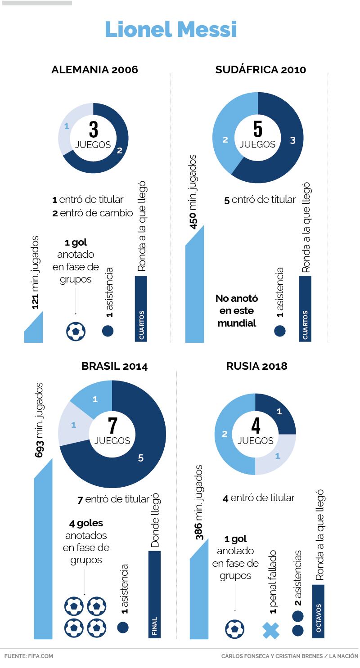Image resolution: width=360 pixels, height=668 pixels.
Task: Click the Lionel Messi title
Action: click(x=171, y=30)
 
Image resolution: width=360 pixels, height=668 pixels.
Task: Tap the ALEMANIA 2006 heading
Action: click(x=94, y=70)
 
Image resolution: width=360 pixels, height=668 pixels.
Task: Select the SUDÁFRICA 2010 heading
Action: click(x=261, y=70)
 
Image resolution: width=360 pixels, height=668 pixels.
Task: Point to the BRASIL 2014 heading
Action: click(x=114, y=366)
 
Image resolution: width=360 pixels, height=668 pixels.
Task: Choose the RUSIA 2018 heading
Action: click(x=256, y=366)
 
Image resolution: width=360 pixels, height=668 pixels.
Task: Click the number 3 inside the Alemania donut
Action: click(x=93, y=130)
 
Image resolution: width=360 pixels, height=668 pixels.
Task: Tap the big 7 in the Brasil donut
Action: click(x=112, y=426)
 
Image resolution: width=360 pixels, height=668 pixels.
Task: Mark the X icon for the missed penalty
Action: click(x=271, y=630)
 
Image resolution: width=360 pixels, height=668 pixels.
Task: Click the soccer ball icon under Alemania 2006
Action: click(x=76, y=332)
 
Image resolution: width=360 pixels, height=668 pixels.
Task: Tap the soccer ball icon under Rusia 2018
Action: click(x=234, y=629)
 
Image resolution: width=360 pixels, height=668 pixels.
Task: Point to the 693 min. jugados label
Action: click(x=40, y=420)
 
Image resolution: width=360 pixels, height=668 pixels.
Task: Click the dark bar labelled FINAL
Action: click(x=154, y=594)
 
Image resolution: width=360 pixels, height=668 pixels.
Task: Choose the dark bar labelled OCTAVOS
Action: click(x=318, y=612)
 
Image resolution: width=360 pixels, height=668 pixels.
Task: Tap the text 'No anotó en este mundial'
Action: click(x=237, y=310)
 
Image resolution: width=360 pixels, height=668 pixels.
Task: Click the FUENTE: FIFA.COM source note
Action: click(x=29, y=656)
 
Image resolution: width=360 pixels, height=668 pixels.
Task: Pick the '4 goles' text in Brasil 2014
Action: click(x=86, y=524)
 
